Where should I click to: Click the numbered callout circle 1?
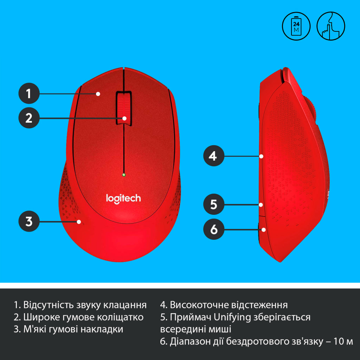29,94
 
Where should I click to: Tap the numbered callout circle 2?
29,118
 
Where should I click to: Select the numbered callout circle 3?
29,221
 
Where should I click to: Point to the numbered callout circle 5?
214,204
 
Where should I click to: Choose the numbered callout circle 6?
214,230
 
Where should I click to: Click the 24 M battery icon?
296,26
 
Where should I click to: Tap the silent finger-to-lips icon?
331,26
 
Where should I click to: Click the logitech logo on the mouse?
123,198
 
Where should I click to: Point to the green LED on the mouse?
124,174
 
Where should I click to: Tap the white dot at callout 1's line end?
98,94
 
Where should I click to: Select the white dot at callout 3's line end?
79,221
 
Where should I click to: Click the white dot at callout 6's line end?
264,230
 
